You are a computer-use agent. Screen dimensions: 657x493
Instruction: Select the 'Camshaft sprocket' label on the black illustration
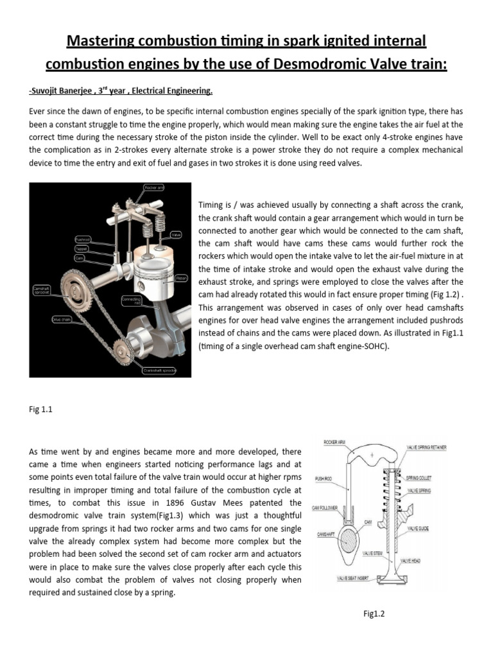(42, 291)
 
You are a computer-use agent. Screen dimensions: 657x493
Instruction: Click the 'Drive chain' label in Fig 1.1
(62, 319)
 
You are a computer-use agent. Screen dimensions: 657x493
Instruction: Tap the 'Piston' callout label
(181, 278)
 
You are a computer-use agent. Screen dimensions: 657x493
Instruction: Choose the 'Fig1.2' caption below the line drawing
(373, 614)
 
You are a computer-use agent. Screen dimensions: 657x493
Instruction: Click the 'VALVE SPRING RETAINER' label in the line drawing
(426, 447)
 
